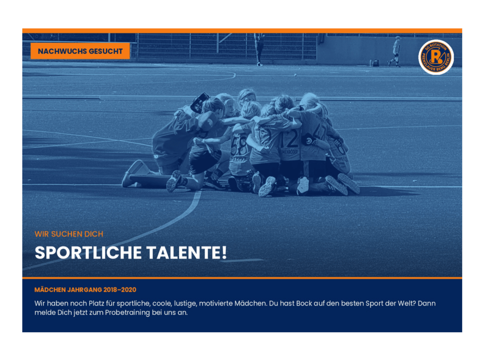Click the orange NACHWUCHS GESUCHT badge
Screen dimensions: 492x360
(x=80, y=51)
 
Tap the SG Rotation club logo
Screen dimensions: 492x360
(x=436, y=57)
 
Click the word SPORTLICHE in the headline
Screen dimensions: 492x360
(x=88, y=253)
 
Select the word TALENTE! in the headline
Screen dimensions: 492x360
(x=187, y=253)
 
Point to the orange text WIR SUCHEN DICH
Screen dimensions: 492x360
(x=69, y=234)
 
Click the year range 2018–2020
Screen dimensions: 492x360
(x=120, y=290)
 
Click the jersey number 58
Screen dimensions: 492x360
(x=239, y=146)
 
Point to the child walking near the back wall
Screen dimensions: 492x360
(x=395, y=51)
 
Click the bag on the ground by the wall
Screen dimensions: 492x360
(x=376, y=63)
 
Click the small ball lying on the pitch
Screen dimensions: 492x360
(x=295, y=75)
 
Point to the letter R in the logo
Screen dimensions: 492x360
(x=435, y=57)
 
